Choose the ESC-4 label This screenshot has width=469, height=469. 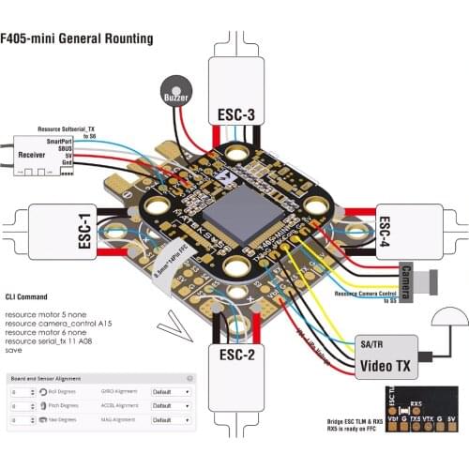[384, 232]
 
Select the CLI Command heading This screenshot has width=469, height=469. [34, 295]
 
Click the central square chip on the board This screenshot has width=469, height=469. [236, 207]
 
